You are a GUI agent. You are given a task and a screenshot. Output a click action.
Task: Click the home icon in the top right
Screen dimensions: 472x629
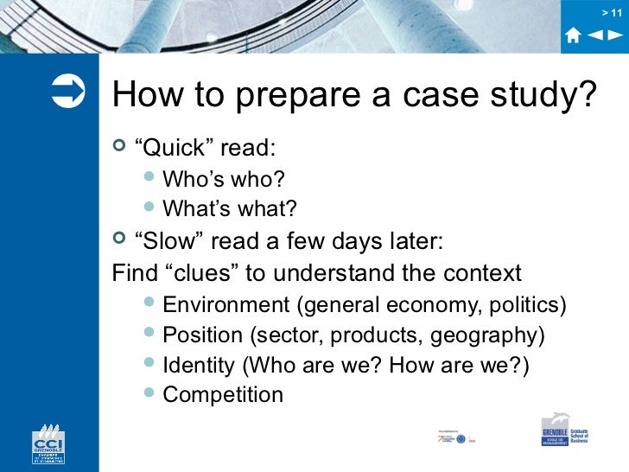pos(573,35)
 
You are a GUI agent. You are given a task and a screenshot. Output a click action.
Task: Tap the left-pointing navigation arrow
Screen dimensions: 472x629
pos(595,35)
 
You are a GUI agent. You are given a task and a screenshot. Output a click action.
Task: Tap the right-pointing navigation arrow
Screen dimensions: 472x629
pos(614,35)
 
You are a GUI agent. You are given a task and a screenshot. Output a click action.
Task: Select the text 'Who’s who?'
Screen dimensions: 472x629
pos(224,180)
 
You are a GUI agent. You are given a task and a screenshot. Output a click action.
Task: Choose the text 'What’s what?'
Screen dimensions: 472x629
pos(230,209)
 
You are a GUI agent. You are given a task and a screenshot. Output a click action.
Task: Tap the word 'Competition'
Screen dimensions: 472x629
pos(223,395)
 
